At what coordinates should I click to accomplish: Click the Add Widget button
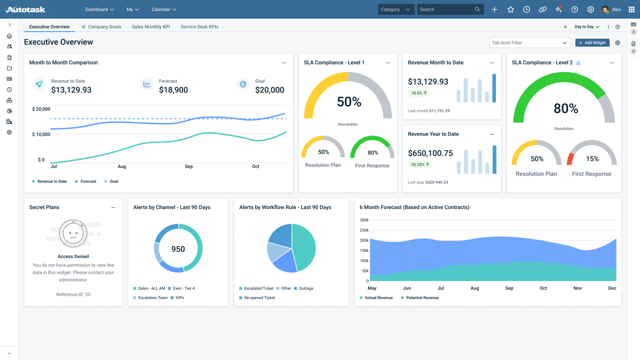[x=592, y=43]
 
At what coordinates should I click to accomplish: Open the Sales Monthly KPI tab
[x=150, y=27]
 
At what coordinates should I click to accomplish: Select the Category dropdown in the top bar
[x=395, y=9]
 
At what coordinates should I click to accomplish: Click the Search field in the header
[x=446, y=9]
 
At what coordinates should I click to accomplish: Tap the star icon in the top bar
[x=510, y=9]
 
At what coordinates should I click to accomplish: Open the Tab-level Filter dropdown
[x=529, y=43]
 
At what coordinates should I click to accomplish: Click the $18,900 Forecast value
[x=173, y=90]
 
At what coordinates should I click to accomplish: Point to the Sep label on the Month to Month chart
[x=188, y=166]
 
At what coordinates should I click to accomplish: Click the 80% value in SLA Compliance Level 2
[x=565, y=108]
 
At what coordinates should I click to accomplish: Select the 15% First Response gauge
[x=592, y=158]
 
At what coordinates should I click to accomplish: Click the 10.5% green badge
[x=419, y=93]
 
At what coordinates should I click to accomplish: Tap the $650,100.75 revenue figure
[x=430, y=153]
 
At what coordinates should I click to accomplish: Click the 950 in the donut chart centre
[x=178, y=249]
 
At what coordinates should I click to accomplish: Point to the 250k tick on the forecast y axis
[x=364, y=230]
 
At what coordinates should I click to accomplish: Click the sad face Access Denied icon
[x=73, y=233]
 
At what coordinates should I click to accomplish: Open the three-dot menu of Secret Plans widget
[x=113, y=207]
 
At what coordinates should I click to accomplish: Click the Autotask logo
[x=25, y=9]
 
